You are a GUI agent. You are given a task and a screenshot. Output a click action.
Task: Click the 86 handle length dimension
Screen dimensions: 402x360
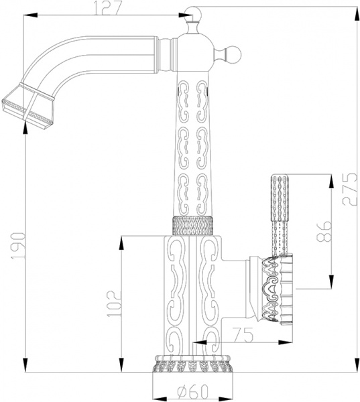(x=322, y=231)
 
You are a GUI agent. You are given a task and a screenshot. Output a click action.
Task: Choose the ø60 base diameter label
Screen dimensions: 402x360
(x=192, y=392)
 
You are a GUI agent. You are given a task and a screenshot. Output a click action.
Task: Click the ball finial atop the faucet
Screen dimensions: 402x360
(x=194, y=13)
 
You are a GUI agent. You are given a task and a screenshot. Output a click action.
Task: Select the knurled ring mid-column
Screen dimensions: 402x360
(x=193, y=226)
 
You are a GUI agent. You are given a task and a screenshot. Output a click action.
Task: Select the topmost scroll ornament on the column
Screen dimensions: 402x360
(x=192, y=93)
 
